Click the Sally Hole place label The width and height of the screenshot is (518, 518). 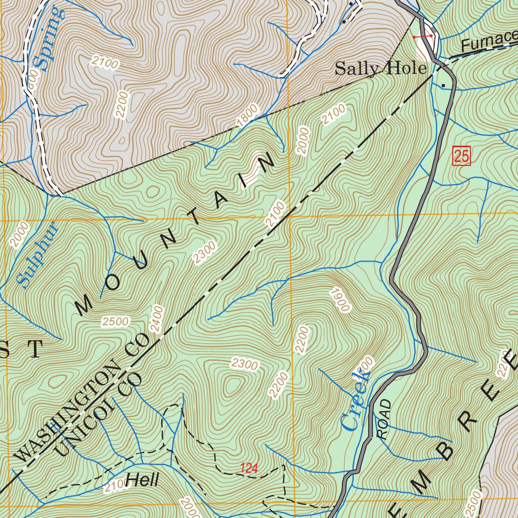380,68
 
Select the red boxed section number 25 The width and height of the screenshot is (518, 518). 461,156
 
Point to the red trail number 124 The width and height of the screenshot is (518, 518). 249,468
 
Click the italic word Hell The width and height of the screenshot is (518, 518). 143,480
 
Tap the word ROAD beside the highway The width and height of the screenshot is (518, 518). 384,419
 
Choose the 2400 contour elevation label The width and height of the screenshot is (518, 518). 157,319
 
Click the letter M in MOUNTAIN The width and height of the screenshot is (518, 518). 84,305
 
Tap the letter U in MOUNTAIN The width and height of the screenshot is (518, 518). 140,259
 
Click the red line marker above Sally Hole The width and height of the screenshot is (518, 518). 422,36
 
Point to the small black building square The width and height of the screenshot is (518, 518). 444,85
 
